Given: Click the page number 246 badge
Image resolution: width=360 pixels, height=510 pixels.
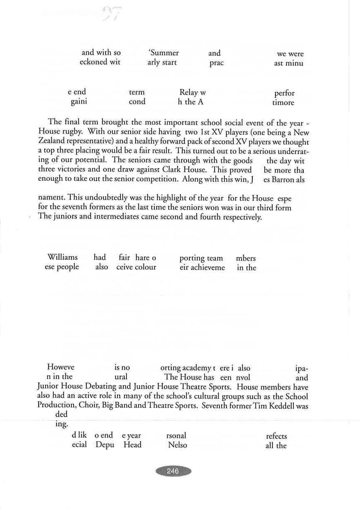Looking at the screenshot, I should coord(173,471).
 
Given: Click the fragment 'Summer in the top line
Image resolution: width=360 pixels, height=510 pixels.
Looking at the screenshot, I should coord(164,53).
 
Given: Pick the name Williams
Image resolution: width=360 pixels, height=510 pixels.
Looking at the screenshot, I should coord(62,257).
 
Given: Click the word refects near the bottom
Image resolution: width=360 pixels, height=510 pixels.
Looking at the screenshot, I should coord(277,436).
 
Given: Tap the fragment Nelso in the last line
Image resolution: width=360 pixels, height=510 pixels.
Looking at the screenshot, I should coord(178,445).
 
